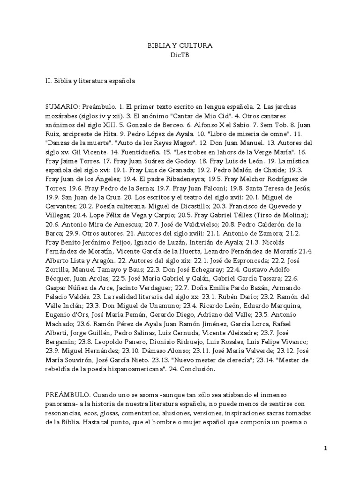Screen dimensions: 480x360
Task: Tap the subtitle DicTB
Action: pos(180,55)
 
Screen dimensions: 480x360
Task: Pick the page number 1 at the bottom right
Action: pos(326,449)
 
